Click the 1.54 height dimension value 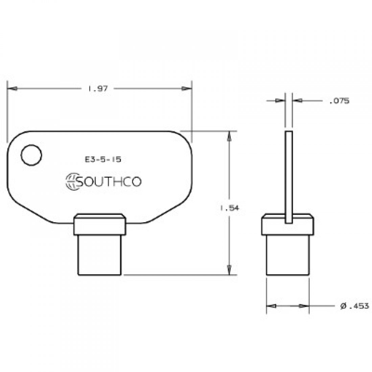click(x=230, y=209)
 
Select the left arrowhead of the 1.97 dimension click(x=13, y=89)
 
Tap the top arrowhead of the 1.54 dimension click(x=229, y=136)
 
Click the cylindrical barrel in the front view click(x=99, y=255)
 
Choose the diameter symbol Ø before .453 click(x=343, y=306)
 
